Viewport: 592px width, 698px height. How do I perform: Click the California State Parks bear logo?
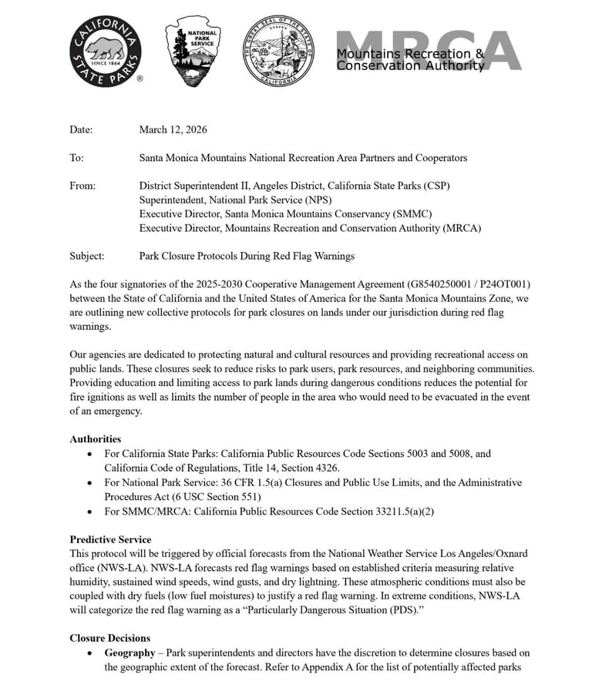[106, 52]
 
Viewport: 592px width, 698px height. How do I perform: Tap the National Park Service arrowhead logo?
[192, 52]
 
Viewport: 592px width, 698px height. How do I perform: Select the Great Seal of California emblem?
[279, 51]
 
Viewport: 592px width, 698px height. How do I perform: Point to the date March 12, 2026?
[173, 129]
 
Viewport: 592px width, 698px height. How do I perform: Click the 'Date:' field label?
[81, 129]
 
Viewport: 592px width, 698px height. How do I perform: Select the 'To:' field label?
[76, 158]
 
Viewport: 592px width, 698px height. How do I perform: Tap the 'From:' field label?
[82, 186]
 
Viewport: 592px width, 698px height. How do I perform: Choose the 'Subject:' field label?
[86, 256]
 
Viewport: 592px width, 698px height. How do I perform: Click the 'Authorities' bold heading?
[96, 439]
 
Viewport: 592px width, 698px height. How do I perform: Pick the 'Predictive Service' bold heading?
[110, 539]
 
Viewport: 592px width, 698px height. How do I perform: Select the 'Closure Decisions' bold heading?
[109, 638]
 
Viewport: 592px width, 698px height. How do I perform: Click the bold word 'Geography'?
[130, 653]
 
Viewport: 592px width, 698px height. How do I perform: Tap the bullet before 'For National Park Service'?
[92, 483]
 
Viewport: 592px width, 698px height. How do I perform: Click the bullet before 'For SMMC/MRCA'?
[92, 512]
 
